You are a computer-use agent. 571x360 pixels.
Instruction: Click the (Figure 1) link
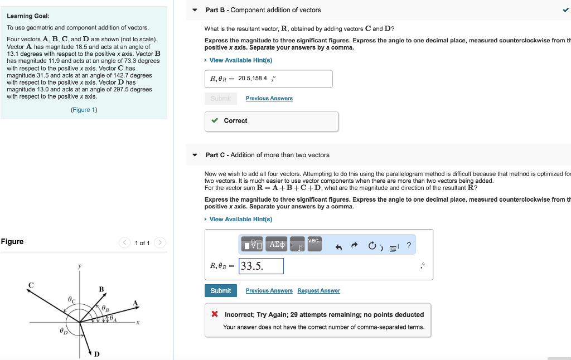tap(84, 110)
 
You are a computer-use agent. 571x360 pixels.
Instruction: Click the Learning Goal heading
tap(28, 16)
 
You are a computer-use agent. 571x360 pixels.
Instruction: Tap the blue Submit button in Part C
tap(220, 290)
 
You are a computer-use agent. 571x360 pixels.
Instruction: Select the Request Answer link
tap(318, 291)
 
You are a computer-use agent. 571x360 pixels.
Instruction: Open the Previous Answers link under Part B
tap(269, 99)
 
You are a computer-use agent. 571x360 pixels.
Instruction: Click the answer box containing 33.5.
tap(261, 266)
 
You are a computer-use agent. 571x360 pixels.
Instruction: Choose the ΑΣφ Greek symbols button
tap(277, 244)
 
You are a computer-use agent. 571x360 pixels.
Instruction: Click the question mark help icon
tap(409, 245)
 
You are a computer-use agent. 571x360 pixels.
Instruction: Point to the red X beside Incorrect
tap(215, 315)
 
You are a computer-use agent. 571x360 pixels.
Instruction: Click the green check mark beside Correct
tap(215, 121)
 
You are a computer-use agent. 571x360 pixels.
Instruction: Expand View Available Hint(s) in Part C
tap(240, 219)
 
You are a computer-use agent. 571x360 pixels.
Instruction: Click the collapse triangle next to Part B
tap(195, 10)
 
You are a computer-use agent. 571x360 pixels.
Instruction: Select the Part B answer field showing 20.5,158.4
tap(268, 79)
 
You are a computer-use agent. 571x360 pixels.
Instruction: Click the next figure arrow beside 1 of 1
tap(160, 242)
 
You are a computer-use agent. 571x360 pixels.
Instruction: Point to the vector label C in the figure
tap(31, 285)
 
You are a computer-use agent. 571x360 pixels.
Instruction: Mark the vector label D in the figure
tap(96, 354)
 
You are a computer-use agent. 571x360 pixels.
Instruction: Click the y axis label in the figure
tap(79, 267)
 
